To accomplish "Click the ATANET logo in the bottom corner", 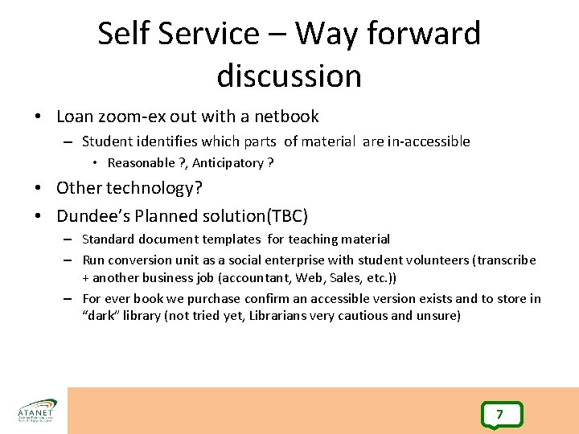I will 36,410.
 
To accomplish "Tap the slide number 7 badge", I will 499,415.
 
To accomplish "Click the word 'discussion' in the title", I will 289,76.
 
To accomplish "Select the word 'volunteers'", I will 437,260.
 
